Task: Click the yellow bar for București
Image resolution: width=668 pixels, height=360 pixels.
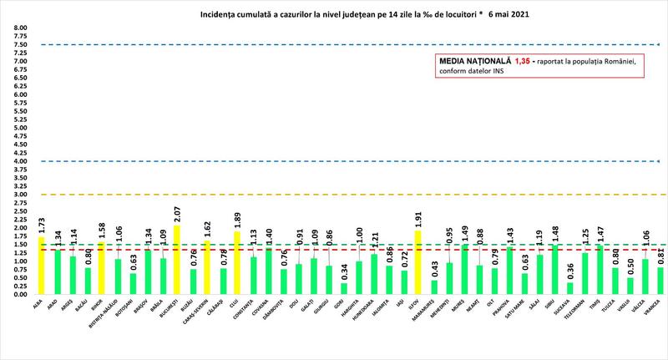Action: [x=177, y=260]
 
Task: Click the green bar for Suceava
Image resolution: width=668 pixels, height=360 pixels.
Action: [x=569, y=288]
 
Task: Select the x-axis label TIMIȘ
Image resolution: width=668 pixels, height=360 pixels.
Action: [x=599, y=308]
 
